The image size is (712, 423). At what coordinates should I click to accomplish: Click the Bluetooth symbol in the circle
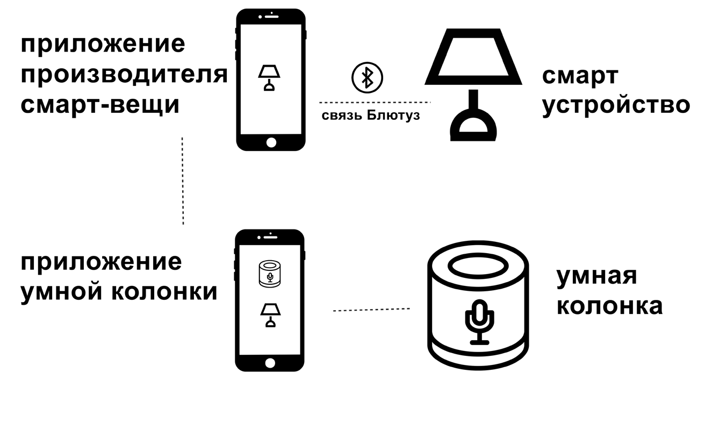367,77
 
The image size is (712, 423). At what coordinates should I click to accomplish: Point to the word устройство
615,105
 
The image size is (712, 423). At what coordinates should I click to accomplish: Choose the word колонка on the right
609,306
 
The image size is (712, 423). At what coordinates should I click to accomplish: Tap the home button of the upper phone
271,142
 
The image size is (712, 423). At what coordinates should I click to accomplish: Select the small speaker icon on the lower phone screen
270,274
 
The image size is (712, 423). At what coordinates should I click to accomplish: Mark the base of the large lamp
473,127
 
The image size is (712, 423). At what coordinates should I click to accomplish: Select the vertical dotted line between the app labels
183,181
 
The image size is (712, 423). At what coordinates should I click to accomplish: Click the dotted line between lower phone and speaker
371,310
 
